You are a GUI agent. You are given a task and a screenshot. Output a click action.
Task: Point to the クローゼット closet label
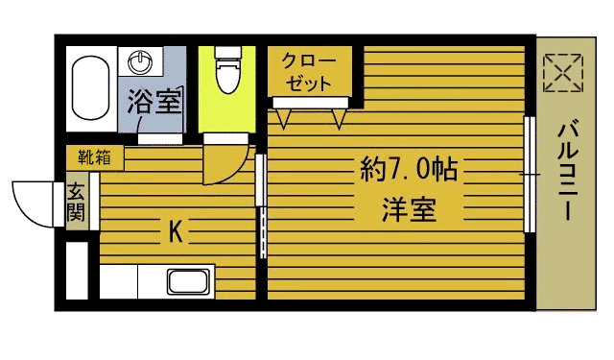308,71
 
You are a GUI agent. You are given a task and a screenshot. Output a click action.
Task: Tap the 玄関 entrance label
76,202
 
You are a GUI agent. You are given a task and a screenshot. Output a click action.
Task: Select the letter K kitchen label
176,231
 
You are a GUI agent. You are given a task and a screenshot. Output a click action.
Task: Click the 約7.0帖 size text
408,170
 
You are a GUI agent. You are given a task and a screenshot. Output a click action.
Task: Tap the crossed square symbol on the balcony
562,73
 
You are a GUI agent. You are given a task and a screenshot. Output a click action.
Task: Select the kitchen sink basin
189,282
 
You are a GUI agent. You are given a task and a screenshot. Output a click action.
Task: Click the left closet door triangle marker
284,117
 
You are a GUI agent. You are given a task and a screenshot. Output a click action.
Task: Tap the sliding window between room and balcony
529,174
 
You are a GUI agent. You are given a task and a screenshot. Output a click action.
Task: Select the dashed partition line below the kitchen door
261,234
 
